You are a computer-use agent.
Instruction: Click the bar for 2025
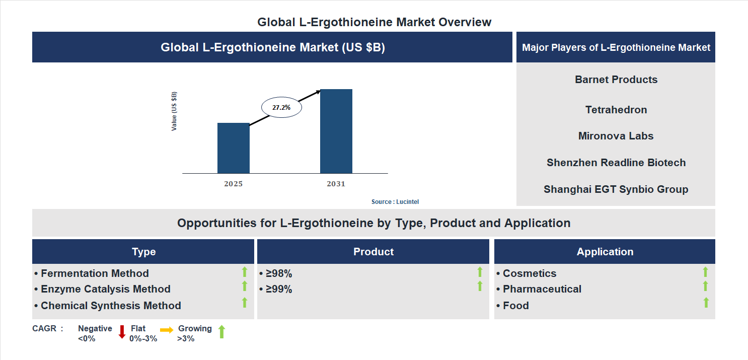coord(233,148)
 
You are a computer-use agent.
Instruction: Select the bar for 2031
coord(336,131)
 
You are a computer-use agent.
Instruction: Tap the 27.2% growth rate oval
coord(281,107)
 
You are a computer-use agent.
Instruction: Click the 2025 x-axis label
coord(233,184)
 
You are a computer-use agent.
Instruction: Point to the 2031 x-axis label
coord(336,184)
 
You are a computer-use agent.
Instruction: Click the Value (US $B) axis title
coord(174,111)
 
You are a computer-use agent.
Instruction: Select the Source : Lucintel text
coord(395,201)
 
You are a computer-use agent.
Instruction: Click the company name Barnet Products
coord(616,80)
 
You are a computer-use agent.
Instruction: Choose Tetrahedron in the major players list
coord(616,110)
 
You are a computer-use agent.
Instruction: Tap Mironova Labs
coord(616,136)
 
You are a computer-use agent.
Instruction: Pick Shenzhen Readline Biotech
coord(616,163)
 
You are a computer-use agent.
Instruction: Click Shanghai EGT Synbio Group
coord(616,189)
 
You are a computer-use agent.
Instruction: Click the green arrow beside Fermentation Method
coord(245,272)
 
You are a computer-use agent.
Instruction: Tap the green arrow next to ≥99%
coord(480,286)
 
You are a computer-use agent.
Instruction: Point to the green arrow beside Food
coord(706,302)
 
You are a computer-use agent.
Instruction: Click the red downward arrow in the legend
coord(122,331)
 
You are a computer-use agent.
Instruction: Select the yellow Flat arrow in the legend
coord(167,330)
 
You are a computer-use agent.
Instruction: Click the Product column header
coord(373,252)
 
